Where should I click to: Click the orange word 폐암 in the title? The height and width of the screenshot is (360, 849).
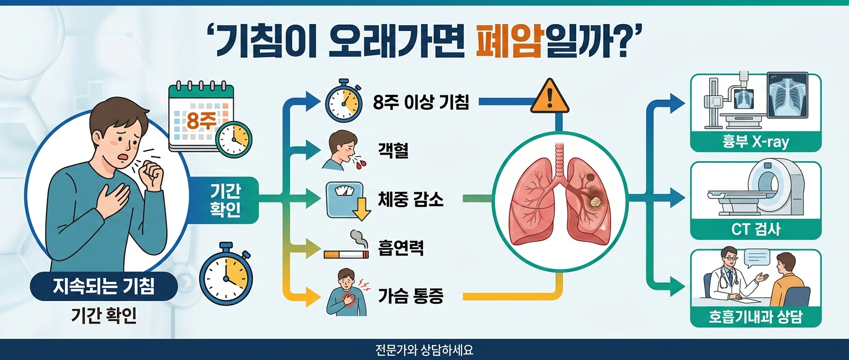[509, 42]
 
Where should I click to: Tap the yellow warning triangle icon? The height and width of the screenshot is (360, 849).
[549, 97]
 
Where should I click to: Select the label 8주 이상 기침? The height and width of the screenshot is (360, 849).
[421, 101]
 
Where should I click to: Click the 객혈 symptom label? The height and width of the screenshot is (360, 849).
[393, 149]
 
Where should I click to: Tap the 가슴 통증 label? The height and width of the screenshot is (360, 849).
[411, 296]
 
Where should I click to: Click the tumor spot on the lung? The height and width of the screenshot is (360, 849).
[595, 201]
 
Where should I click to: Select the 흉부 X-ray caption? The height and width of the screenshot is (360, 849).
[755, 142]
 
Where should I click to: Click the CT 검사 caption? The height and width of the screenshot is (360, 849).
[755, 229]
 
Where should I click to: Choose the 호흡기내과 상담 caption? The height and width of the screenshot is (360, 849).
[755, 317]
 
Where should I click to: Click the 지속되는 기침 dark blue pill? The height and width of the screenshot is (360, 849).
[103, 286]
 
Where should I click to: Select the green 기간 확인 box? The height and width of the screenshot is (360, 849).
[226, 200]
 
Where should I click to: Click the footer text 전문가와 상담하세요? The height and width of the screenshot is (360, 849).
[424, 350]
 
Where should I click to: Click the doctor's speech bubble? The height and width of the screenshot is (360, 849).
[756, 258]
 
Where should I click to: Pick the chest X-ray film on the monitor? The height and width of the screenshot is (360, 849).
[787, 95]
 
